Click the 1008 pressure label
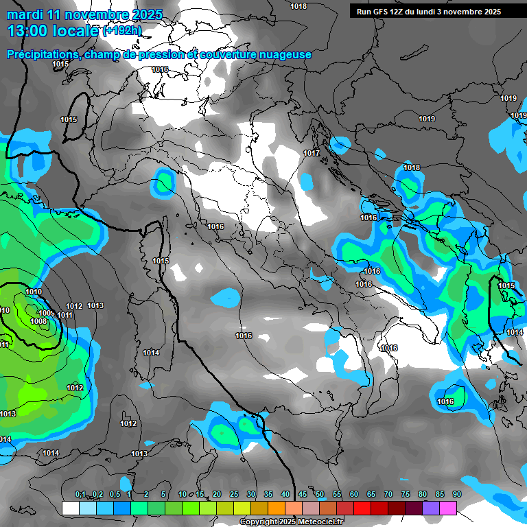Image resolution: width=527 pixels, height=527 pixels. point(38,321)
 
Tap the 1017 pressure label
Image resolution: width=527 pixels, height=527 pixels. point(312,153)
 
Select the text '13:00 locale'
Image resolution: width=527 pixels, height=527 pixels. point(52,31)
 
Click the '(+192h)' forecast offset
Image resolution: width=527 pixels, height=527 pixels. point(122,31)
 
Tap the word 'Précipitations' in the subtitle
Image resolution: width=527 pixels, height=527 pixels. point(41,54)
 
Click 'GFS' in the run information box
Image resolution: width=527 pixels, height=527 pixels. point(388,12)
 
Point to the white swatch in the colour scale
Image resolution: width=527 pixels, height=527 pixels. point(70,508)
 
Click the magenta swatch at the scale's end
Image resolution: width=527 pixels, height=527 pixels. point(448,508)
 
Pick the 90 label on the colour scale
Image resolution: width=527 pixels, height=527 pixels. point(457,495)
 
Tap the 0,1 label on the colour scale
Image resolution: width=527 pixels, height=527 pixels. point(80,495)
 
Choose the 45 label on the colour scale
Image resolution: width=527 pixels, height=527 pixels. point(303,495)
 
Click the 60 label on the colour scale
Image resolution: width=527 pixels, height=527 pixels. point(354,495)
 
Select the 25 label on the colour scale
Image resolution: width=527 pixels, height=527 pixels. point(234,495)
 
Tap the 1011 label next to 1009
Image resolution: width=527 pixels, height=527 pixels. point(65,315)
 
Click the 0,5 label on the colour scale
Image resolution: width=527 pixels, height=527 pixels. point(114,495)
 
